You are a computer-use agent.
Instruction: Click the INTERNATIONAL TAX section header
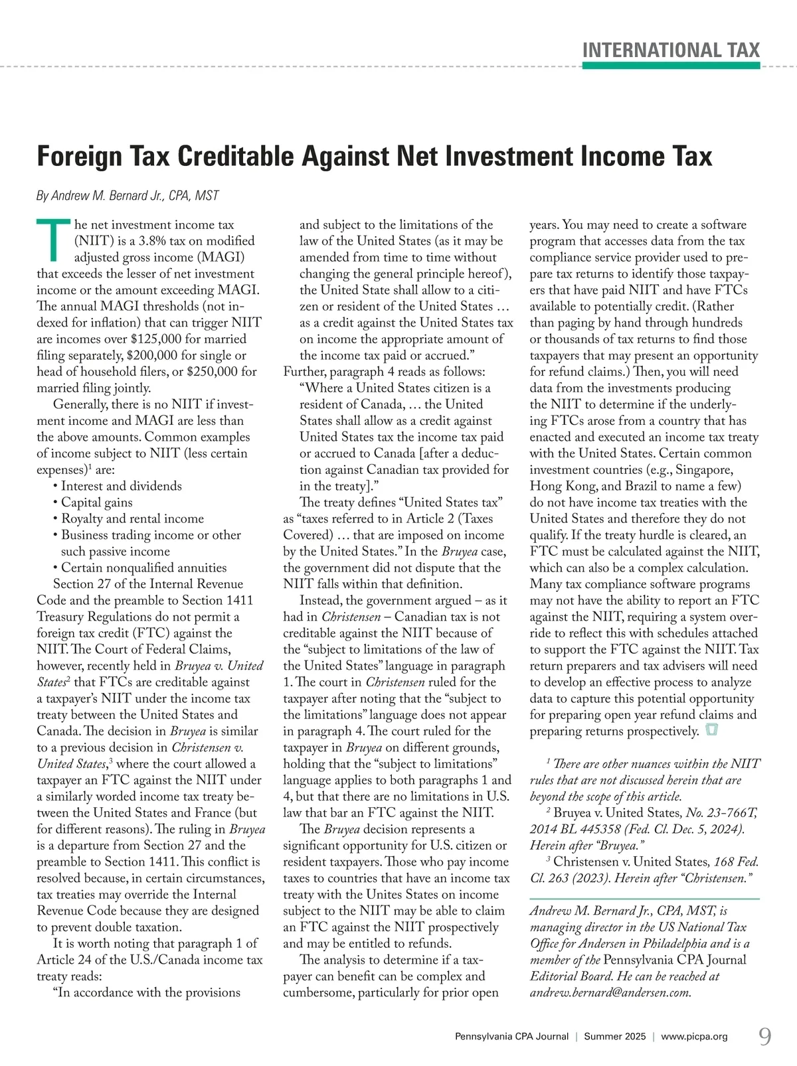[x=671, y=50]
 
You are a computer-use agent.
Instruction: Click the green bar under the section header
[x=671, y=66]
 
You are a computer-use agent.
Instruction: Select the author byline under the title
[x=128, y=196]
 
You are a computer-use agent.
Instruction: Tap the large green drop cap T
[x=54, y=240]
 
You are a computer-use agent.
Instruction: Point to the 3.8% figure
[x=155, y=241]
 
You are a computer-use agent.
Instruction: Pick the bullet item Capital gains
[x=96, y=502]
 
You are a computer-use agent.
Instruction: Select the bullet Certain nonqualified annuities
[x=143, y=568]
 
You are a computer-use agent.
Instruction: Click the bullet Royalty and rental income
[x=132, y=518]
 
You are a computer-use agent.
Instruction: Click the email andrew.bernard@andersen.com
[x=610, y=993]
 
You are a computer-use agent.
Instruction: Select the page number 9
[x=765, y=1036]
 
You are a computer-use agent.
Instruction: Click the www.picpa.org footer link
[x=694, y=1036]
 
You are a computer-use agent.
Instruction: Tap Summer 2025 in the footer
[x=614, y=1036]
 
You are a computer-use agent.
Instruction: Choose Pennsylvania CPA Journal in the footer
[x=511, y=1036]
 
